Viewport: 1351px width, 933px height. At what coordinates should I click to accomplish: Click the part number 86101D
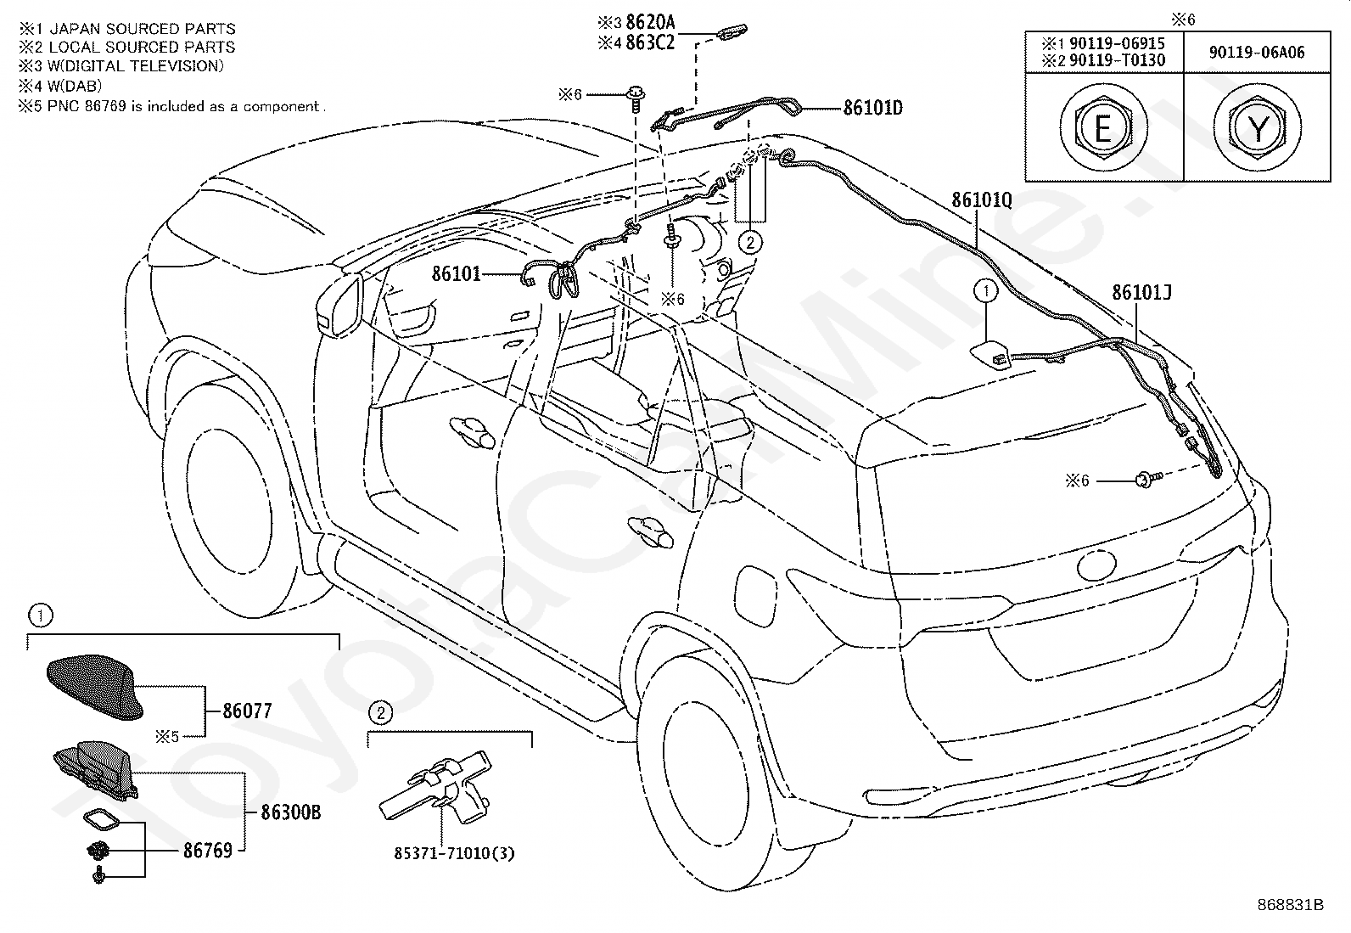[x=872, y=108]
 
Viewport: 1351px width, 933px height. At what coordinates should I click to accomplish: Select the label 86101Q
[x=982, y=200]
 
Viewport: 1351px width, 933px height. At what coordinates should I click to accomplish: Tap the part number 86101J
[x=1141, y=293]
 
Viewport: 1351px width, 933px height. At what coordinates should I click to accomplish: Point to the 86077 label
[x=247, y=711]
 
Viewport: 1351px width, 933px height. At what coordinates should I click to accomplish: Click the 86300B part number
[x=291, y=813]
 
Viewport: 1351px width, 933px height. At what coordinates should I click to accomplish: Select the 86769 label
[x=207, y=851]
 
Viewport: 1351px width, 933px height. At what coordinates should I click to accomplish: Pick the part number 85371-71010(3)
[x=454, y=853]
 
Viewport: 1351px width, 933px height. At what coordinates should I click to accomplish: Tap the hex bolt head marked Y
[x=1258, y=127]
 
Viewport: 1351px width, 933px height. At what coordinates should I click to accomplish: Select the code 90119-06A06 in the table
[x=1257, y=53]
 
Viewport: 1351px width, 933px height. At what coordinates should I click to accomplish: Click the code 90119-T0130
[x=1117, y=60]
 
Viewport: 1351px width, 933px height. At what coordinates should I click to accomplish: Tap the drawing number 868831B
[x=1290, y=905]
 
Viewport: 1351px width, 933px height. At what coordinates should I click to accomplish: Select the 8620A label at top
[x=650, y=22]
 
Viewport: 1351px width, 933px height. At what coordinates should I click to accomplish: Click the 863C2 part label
[x=650, y=42]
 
